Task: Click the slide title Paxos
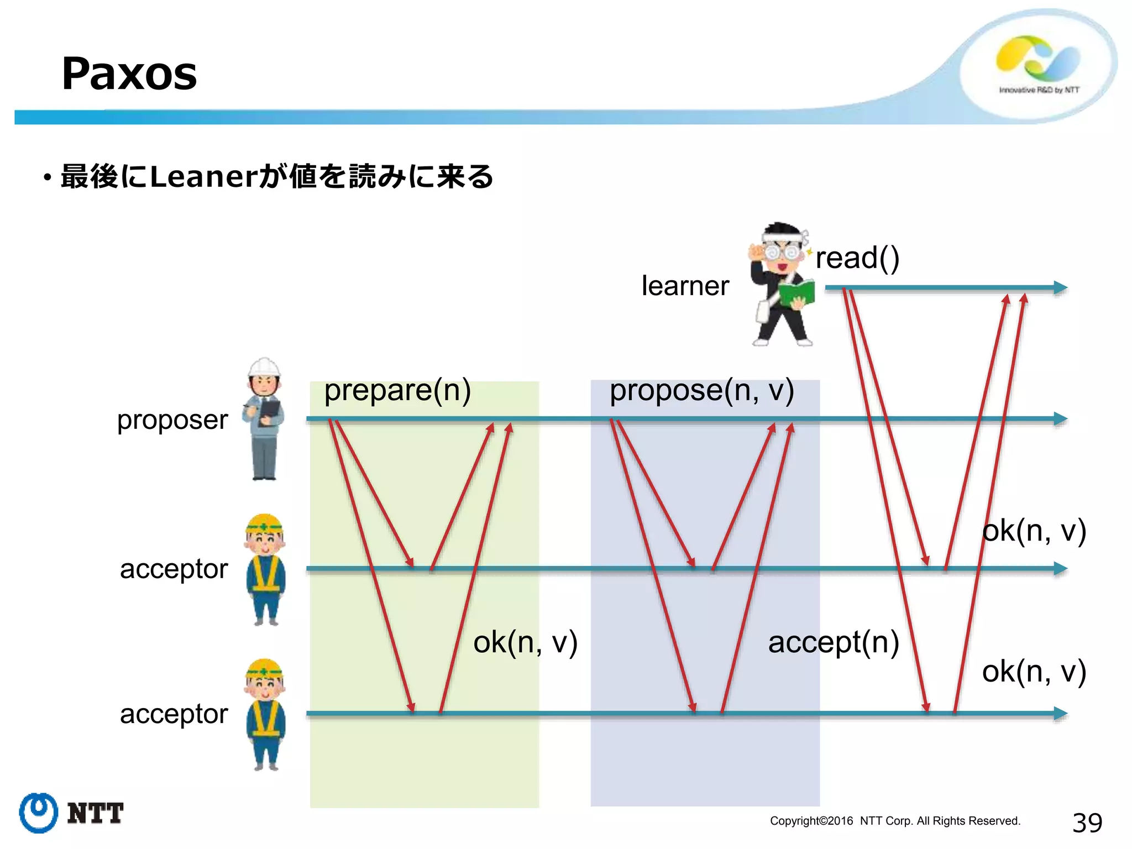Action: click(x=129, y=74)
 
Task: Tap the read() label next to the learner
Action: click(x=857, y=258)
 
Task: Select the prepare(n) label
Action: click(x=397, y=390)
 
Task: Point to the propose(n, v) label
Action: click(x=701, y=390)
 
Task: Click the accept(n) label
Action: click(x=834, y=642)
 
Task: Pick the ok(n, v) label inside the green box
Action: click(x=525, y=642)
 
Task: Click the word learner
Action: click(x=685, y=286)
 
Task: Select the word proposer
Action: click(x=172, y=420)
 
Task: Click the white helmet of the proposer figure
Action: click(x=264, y=367)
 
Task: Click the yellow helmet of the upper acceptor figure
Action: click(x=264, y=524)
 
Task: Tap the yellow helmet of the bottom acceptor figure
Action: click(x=264, y=669)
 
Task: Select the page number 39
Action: click(x=1087, y=822)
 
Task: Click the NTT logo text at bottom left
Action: click(x=95, y=814)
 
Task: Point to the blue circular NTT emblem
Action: click(x=39, y=813)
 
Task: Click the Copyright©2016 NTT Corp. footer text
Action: click(x=894, y=821)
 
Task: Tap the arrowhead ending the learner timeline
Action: click(x=1061, y=287)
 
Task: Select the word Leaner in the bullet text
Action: click(x=203, y=177)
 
